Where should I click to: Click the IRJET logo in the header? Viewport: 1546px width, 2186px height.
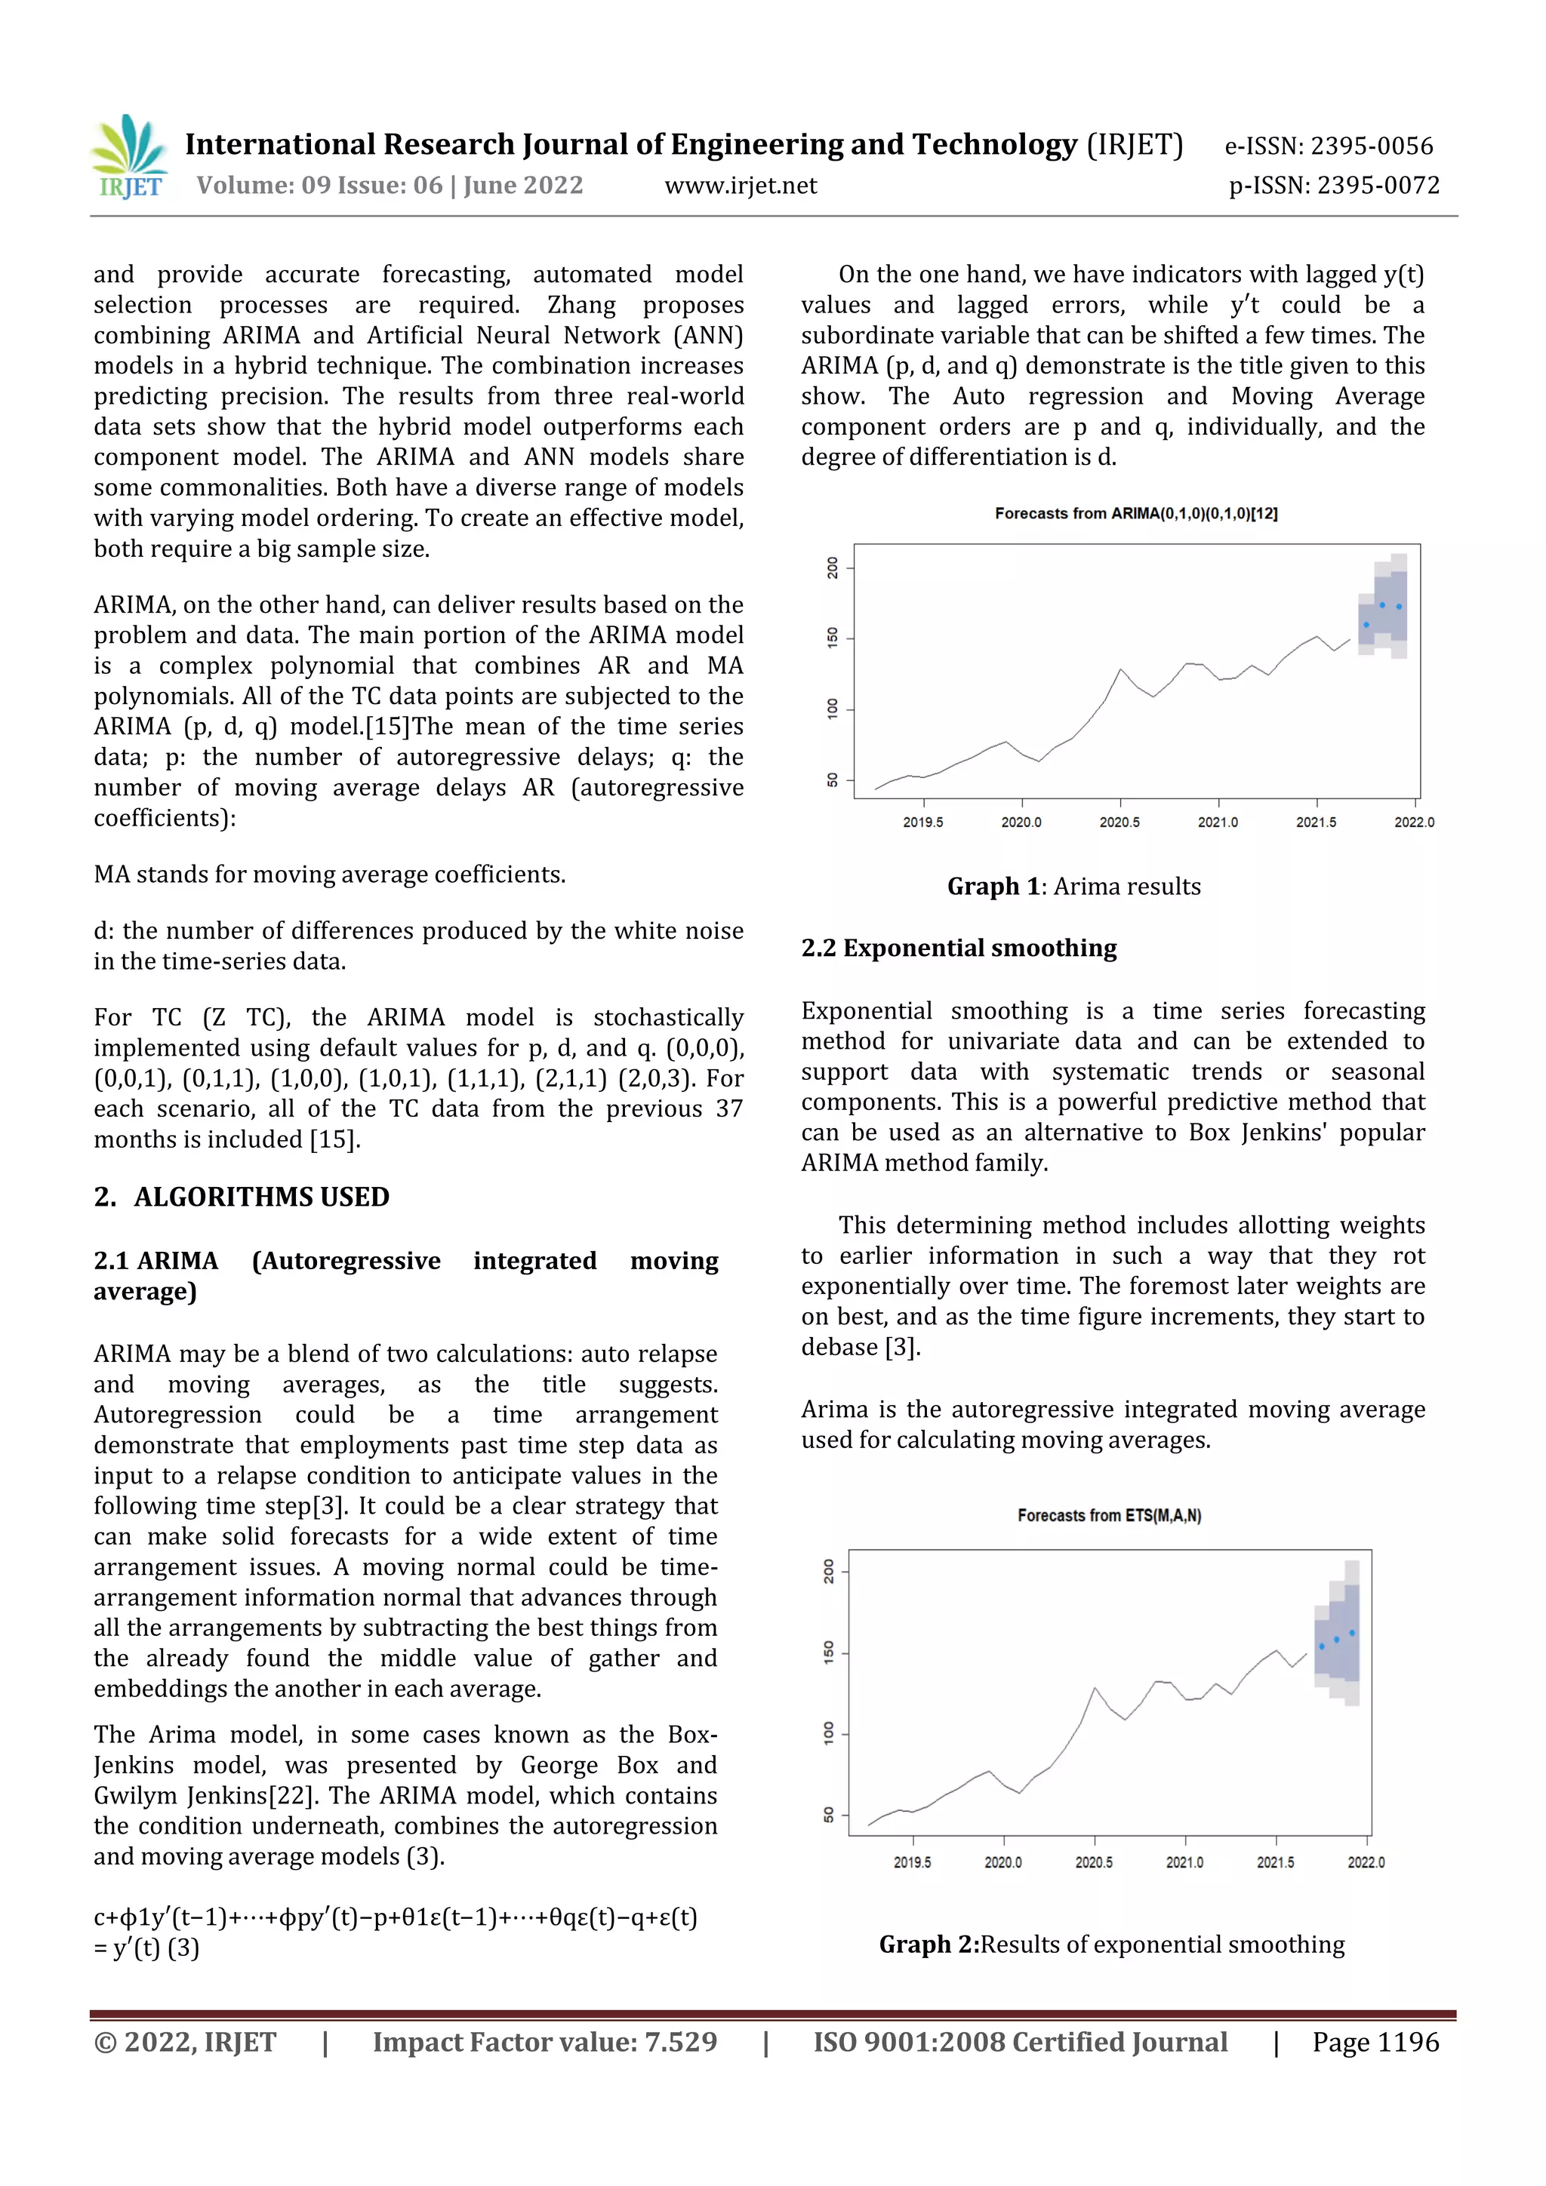click(x=131, y=156)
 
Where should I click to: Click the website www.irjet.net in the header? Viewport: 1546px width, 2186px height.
click(x=740, y=186)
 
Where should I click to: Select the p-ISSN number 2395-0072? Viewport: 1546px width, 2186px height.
click(x=1378, y=186)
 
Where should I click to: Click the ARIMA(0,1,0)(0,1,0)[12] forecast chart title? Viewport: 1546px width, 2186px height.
click(x=1135, y=513)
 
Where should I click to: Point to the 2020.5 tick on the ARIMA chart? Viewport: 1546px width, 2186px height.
click(x=1119, y=821)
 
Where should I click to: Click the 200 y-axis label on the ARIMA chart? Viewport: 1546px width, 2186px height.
click(x=833, y=568)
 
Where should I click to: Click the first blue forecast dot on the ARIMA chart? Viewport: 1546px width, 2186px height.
click(x=1366, y=625)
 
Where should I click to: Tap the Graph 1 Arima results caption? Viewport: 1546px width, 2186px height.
click(x=1073, y=887)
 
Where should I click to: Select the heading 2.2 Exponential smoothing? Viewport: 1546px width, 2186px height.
click(x=958, y=948)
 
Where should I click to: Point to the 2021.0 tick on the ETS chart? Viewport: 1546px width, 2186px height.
click(x=1184, y=1862)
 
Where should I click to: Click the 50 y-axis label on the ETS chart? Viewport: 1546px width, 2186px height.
click(x=829, y=1815)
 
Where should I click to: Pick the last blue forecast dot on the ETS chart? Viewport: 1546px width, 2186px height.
click(x=1352, y=1633)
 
